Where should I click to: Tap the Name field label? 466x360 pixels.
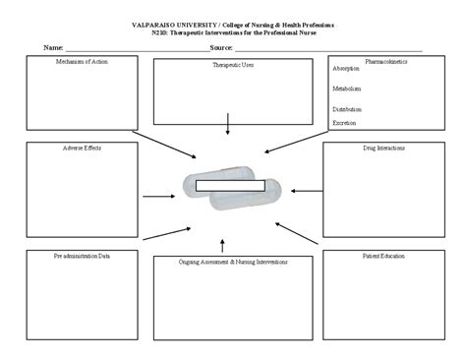pos(52,47)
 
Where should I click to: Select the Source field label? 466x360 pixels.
pos(220,47)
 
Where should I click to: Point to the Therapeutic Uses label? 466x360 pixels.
pos(233,65)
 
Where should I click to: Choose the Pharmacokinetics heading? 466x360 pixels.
pos(387,61)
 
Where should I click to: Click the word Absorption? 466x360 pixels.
pos(347,69)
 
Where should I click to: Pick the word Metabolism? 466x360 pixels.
pos(347,88)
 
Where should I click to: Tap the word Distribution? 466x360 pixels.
pos(348,108)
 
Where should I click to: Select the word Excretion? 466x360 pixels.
pos(345,123)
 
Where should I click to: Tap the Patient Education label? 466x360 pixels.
pos(383,255)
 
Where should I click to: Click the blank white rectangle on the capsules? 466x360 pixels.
pos(231,184)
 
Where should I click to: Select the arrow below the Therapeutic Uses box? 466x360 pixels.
pos(228,124)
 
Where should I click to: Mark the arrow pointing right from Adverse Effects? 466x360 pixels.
pos(158,197)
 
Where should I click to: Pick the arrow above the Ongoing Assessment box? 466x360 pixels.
pos(223,244)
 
